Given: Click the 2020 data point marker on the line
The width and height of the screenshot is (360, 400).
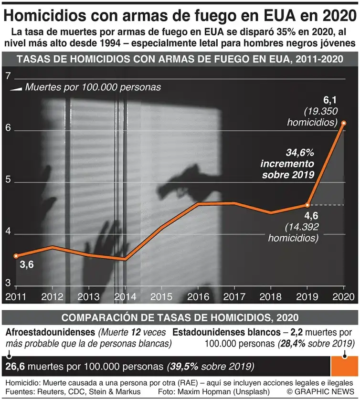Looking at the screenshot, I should click(x=344, y=123).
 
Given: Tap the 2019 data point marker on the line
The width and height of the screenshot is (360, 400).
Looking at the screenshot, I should click(x=307, y=205).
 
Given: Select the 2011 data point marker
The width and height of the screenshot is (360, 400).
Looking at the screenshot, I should click(x=16, y=256).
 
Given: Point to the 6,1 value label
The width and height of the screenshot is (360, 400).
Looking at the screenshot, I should click(x=330, y=100).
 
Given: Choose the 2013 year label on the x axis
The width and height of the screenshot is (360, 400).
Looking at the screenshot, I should click(x=89, y=296).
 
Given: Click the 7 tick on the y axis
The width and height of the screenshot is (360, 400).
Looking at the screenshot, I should click(x=8, y=77).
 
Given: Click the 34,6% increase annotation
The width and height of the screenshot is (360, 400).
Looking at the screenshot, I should click(x=287, y=163).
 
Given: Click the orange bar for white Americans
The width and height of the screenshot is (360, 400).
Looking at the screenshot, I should click(x=343, y=366).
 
